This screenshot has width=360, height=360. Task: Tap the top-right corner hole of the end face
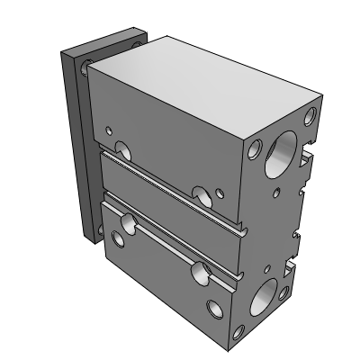[x=310, y=115]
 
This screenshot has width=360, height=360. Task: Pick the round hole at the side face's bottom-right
[x=214, y=309]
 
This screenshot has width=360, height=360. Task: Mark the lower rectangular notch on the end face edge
[x=290, y=268]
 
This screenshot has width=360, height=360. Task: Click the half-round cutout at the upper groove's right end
[x=200, y=193]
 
